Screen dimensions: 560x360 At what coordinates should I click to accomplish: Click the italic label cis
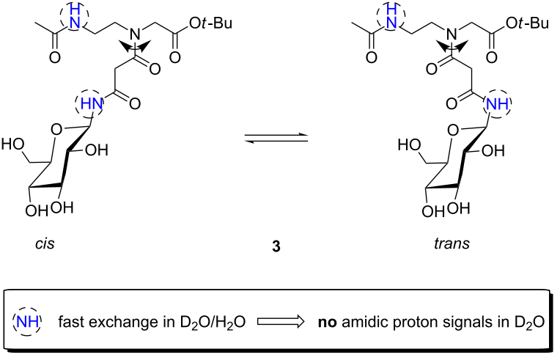pos(45,243)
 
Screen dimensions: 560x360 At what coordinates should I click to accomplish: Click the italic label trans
pos(452,243)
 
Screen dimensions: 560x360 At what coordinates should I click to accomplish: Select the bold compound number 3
pos(276,246)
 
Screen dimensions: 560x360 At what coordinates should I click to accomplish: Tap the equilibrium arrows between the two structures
pos(276,138)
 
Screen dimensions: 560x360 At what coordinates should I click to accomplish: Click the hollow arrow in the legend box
pos(281,322)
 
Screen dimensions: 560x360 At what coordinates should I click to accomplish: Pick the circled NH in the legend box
pos(27,322)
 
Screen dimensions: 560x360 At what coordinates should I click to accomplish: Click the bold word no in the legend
pos(327,323)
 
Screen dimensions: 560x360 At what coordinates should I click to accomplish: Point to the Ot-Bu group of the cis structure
pos(210,23)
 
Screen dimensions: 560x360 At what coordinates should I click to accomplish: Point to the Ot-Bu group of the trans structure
pos(528,23)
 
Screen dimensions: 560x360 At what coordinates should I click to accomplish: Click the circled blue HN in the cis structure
pos(89,104)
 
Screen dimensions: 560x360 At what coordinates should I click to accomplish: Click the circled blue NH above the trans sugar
pos(497,104)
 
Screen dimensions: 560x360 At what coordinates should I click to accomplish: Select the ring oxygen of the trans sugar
pos(453,130)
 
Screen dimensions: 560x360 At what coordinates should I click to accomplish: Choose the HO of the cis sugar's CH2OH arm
pos(13,144)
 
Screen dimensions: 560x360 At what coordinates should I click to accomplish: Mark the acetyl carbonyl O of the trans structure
pos(372,57)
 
